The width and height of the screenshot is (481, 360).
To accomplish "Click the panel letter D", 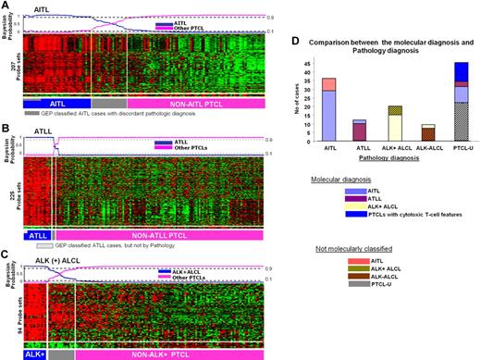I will pyautogui.click(x=302, y=41).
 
